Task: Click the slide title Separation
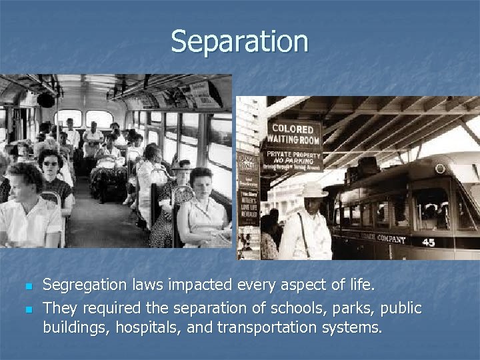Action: (239, 41)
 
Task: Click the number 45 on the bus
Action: (428, 242)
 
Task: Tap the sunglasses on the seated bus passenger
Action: (51, 163)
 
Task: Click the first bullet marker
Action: (27, 287)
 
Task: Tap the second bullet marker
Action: (27, 308)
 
